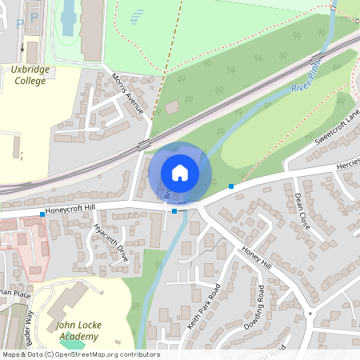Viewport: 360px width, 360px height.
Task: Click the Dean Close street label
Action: tap(302, 210)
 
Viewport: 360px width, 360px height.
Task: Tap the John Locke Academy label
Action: tap(78, 331)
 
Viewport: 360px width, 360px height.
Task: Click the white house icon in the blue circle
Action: tap(180, 172)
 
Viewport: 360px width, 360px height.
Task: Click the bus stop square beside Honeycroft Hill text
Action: tap(42, 214)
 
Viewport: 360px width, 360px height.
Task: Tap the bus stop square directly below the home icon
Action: tap(174, 211)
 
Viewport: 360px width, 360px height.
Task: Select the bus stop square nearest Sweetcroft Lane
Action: tap(231, 186)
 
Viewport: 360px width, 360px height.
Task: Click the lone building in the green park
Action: tap(172, 107)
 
